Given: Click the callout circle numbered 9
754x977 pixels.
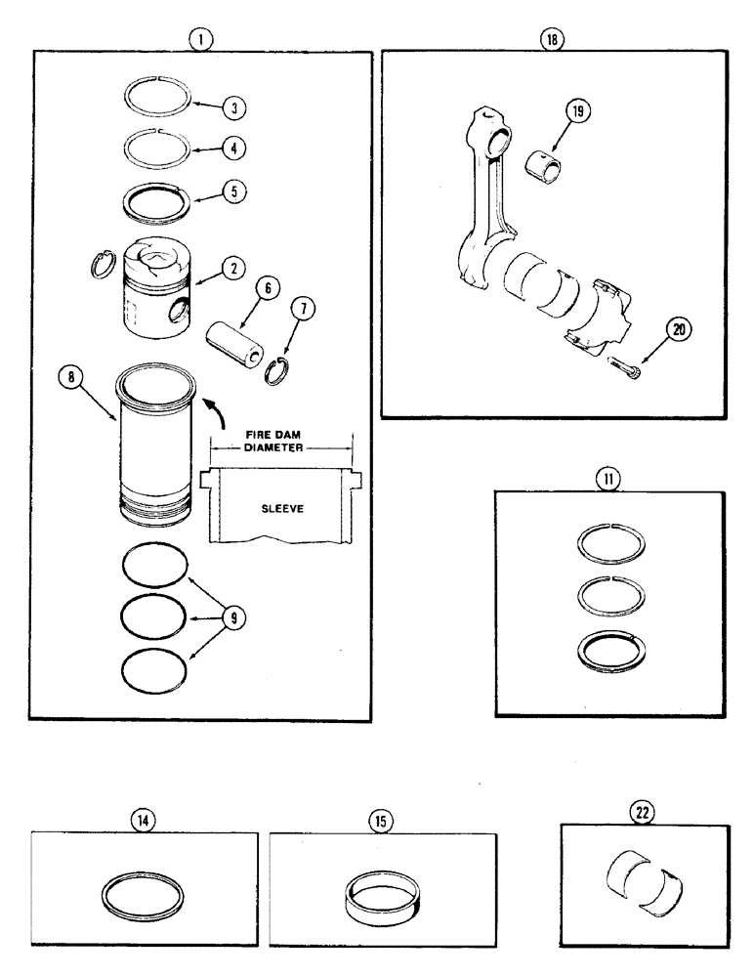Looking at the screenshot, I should [x=235, y=617].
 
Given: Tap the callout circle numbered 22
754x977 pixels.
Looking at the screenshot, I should [x=643, y=812].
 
